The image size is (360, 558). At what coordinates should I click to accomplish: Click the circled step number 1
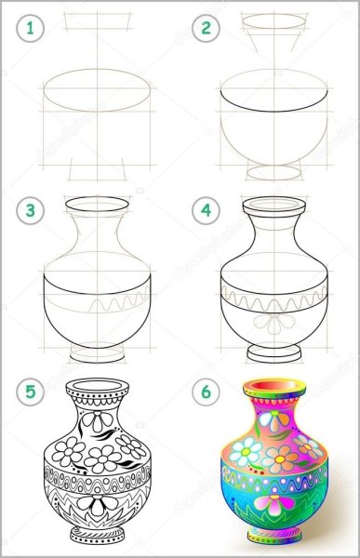(x=33, y=29)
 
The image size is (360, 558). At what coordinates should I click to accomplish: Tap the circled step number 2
(x=205, y=29)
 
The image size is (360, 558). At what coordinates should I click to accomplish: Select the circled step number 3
(x=33, y=211)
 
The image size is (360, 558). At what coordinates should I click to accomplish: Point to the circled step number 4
(x=205, y=211)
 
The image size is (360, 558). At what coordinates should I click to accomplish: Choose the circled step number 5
(x=33, y=392)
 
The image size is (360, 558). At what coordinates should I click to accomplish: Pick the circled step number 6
(x=205, y=392)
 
